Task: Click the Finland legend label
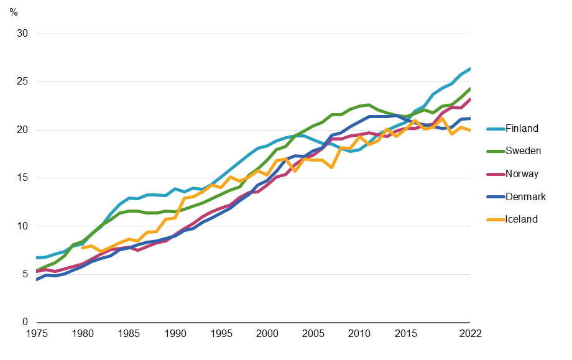(522, 129)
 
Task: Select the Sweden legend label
(522, 151)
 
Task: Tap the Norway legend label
(522, 174)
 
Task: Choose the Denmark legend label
(525, 196)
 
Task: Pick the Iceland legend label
(521, 219)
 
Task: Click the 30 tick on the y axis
(23, 34)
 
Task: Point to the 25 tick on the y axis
(23, 82)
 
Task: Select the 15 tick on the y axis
(23, 178)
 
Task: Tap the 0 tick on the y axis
(25, 323)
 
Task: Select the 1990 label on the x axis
(175, 334)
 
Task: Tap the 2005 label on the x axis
(313, 334)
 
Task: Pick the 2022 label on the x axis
(469, 334)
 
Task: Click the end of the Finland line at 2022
(469, 68)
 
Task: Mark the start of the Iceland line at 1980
(83, 247)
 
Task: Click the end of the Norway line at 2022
(469, 99)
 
